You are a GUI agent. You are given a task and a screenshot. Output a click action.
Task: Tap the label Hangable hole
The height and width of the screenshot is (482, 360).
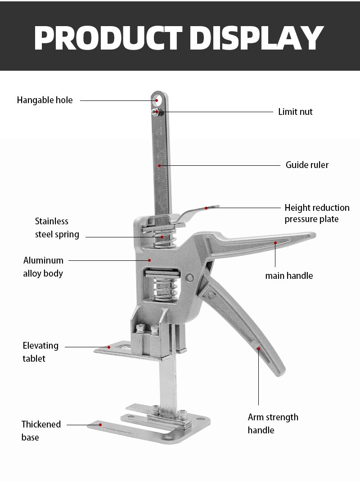point(45,100)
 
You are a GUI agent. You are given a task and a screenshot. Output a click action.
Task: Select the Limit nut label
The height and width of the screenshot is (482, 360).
point(295,112)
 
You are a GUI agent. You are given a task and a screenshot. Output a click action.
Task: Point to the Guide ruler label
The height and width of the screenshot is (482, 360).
point(307,165)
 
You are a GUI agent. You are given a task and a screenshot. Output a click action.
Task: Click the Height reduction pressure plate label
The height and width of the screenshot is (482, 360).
point(317,214)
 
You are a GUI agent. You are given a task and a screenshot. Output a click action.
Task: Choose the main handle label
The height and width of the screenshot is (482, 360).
point(289,276)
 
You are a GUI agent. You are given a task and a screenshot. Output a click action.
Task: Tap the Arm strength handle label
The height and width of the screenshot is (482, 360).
point(273,423)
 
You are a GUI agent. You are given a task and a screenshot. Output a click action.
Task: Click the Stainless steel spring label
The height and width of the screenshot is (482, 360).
point(57,228)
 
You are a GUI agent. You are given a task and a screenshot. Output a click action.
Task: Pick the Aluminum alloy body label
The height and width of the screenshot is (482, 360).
point(43,267)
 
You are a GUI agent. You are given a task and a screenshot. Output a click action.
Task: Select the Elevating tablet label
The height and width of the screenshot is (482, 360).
point(40,352)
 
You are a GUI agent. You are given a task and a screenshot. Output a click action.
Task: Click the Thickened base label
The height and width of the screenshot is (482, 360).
point(41,431)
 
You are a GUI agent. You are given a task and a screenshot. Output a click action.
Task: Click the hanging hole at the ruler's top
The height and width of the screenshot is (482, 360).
point(157,100)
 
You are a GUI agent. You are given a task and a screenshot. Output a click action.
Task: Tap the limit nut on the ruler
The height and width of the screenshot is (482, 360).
point(157,112)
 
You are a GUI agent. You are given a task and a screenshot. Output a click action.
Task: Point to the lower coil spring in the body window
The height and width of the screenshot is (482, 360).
point(165,289)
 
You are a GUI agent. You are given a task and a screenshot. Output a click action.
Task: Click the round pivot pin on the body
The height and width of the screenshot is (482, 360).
point(190,278)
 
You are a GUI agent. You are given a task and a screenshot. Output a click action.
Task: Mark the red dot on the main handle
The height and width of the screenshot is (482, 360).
point(275,243)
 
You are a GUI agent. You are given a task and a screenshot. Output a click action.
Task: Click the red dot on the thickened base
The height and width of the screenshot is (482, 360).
point(100,425)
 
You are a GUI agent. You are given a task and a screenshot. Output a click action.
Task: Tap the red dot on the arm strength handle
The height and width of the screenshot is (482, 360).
point(259,349)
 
